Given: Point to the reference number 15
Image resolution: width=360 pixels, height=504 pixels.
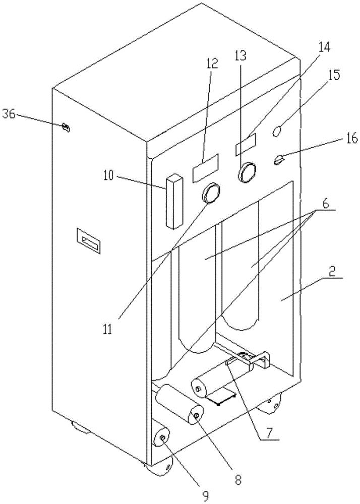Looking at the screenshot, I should (333, 76).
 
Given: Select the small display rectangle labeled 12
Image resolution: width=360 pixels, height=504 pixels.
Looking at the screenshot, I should (205, 167).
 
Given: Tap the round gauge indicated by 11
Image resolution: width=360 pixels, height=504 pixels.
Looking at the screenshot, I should (212, 192).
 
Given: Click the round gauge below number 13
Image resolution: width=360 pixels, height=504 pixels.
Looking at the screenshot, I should (247, 171).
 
